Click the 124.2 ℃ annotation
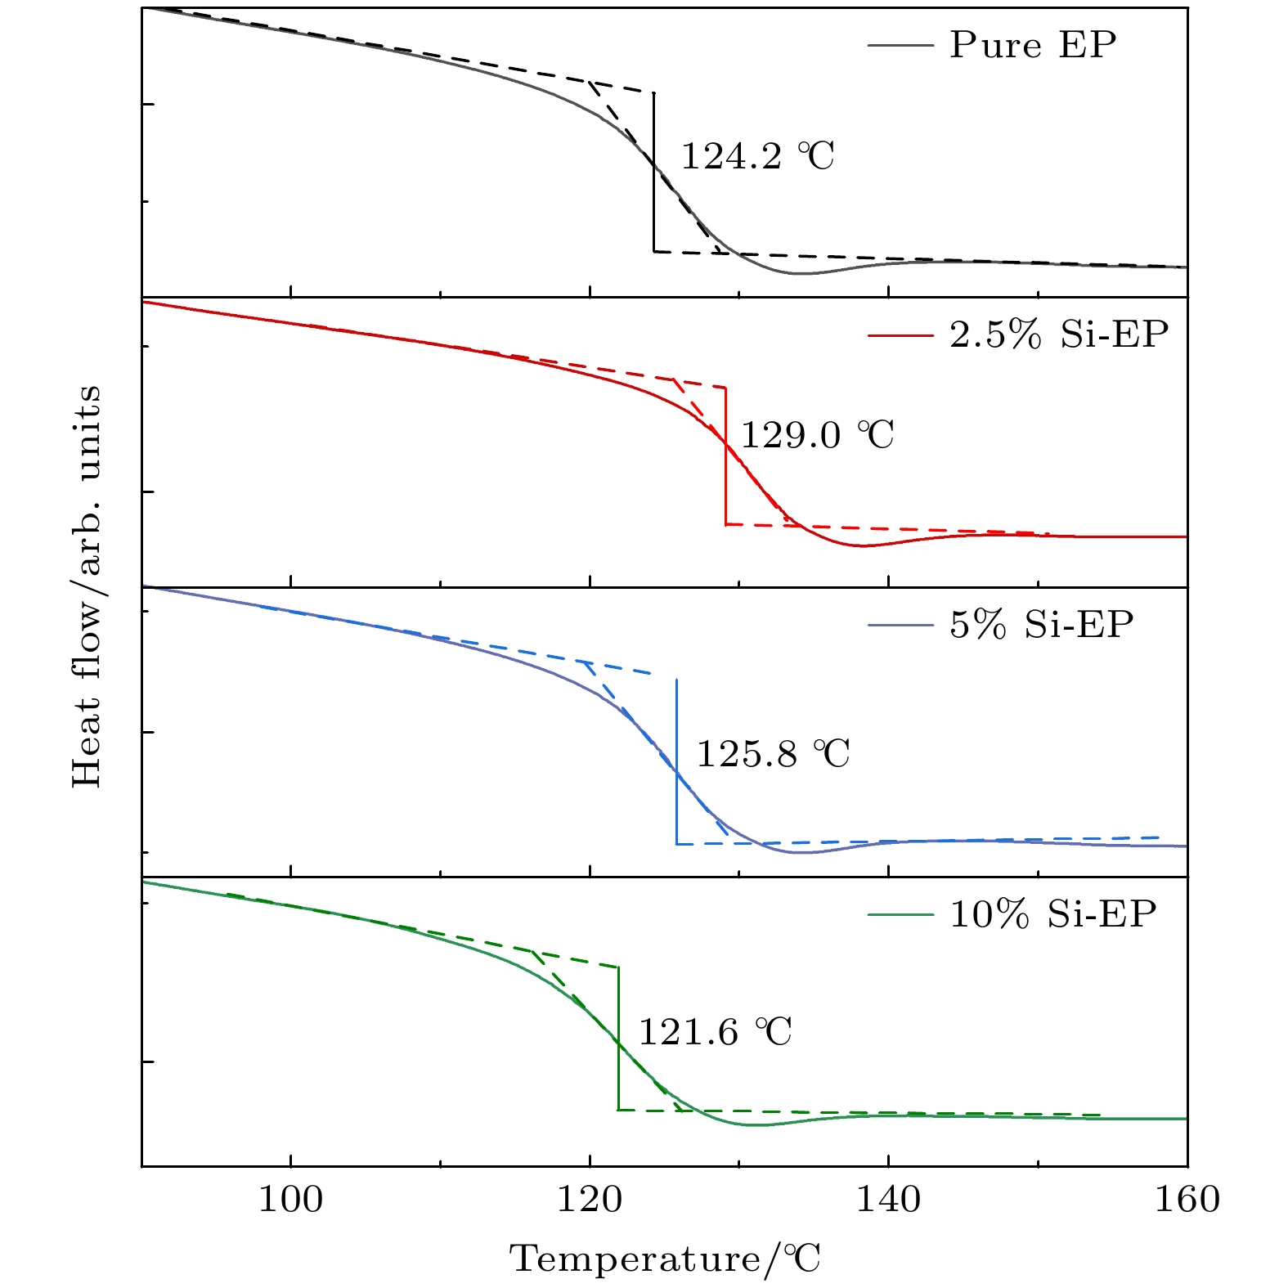(757, 156)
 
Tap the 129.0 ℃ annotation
(817, 435)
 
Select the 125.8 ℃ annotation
(773, 753)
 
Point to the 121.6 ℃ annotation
(715, 1032)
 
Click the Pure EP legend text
(1032, 45)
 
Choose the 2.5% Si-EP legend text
(1059, 334)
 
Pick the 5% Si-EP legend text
(1041, 625)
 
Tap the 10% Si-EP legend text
(1052, 913)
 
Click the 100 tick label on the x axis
(290, 1200)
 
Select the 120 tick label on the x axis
(590, 1200)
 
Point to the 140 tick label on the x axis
(887, 1200)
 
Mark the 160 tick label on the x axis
(1187, 1200)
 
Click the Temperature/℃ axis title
(666, 1259)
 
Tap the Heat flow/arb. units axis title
(87, 586)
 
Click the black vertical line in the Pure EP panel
(653, 204)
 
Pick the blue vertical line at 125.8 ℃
(676, 810)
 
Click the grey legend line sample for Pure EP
(900, 46)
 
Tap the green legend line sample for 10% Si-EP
(900, 914)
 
